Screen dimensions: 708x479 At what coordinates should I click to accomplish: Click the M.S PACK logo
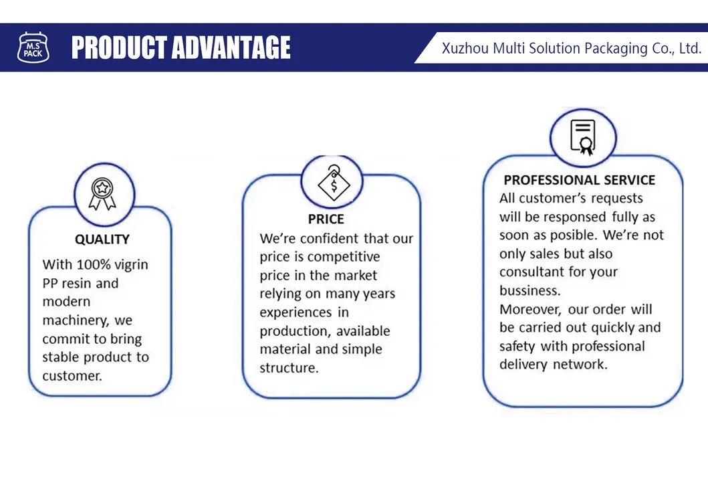(33, 47)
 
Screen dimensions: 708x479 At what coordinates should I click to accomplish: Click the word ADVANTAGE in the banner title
(231, 48)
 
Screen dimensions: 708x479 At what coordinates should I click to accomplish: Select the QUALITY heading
(102, 239)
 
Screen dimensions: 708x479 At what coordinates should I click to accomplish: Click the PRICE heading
(326, 219)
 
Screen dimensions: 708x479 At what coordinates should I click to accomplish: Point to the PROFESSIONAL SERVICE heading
(580, 180)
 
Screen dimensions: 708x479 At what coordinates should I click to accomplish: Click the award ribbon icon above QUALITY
(102, 194)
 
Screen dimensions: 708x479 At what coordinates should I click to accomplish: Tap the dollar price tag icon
(334, 183)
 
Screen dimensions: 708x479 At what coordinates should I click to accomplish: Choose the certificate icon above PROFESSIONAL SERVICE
(583, 137)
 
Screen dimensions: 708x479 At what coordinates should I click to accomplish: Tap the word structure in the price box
(289, 368)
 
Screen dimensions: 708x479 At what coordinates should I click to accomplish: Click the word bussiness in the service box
(530, 290)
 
